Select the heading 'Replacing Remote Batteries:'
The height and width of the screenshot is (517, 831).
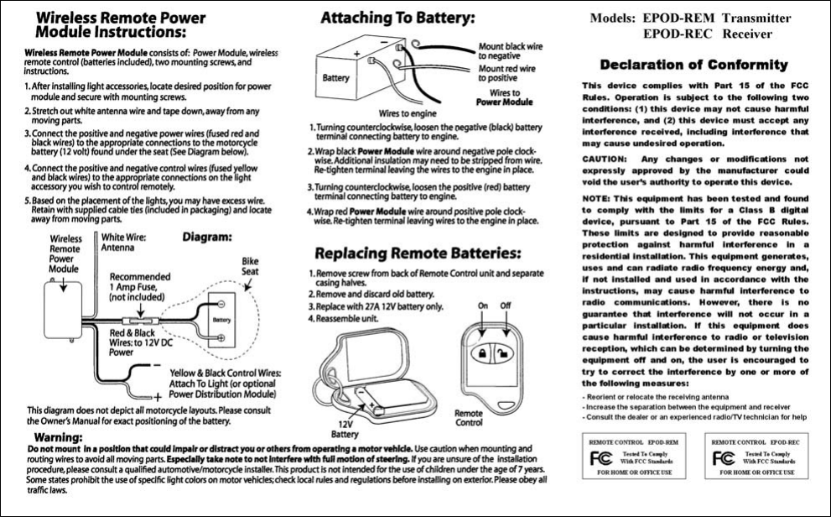(417, 253)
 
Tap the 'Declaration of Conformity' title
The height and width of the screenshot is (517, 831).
(693, 65)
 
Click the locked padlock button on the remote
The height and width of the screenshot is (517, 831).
(484, 353)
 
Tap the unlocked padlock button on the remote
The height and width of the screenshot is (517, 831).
(505, 353)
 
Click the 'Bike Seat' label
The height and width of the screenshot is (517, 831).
(250, 266)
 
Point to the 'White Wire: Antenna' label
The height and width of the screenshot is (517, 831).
(123, 243)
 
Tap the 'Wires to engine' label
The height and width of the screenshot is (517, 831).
(407, 112)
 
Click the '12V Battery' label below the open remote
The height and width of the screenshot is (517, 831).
(345, 429)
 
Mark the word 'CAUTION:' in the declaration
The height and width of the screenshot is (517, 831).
(605, 158)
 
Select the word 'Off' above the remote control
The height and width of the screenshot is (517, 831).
(506, 305)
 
